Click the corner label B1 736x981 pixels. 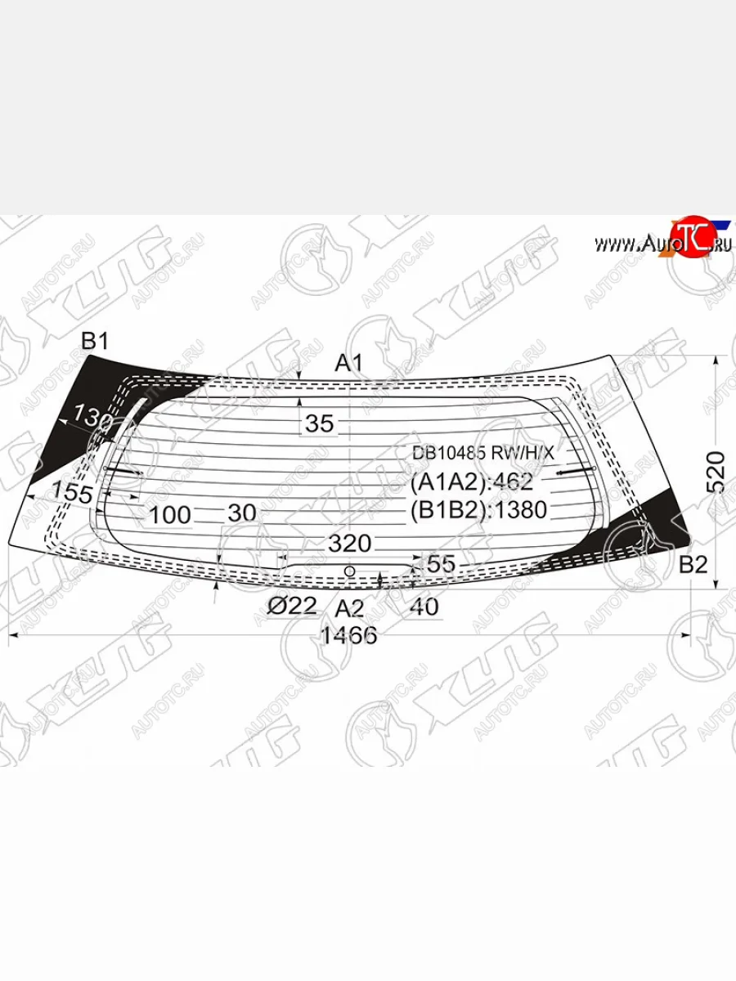click(96, 342)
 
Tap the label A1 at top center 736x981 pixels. click(349, 362)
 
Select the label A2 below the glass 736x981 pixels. click(350, 607)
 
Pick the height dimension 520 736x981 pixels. click(716, 471)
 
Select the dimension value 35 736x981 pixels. click(320, 423)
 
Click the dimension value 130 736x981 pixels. click(92, 416)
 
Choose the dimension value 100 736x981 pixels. click(170, 515)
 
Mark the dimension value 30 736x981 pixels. click(242, 513)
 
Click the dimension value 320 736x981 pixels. click(349, 544)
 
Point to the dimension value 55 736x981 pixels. click(440, 563)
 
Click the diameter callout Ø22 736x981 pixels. click(292, 606)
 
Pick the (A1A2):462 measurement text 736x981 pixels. click(472, 481)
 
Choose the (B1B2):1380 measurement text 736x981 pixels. click(478, 510)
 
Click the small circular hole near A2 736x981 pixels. click(349, 571)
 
